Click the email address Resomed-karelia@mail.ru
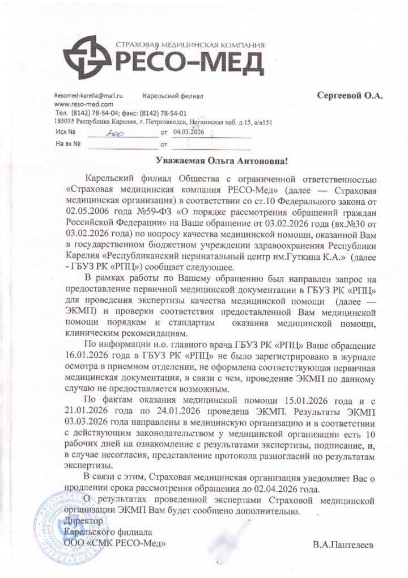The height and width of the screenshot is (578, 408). pyautogui.click(x=89, y=97)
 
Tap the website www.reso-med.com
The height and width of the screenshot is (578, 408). pyautogui.click(x=83, y=105)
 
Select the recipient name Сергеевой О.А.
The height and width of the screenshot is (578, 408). pyautogui.click(x=350, y=96)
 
